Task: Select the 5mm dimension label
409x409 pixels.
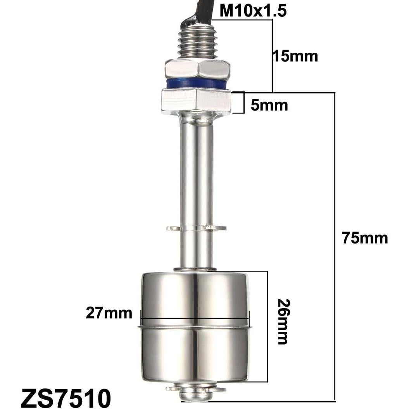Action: point(269,105)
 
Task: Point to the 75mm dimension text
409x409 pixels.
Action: point(364,238)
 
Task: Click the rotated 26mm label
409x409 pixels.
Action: point(283,321)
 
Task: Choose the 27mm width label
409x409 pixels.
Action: point(109,313)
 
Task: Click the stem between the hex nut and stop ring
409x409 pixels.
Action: point(197,171)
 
